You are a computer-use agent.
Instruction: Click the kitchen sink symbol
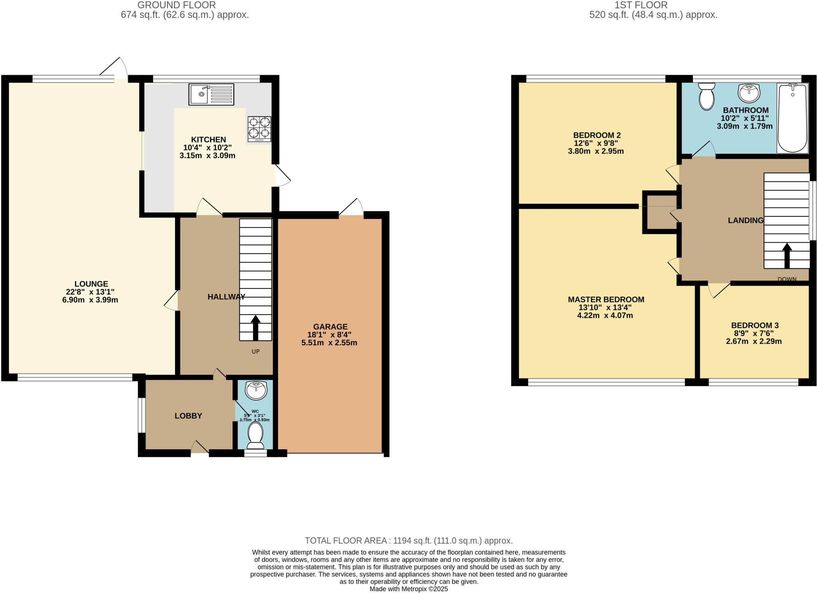point(211,95)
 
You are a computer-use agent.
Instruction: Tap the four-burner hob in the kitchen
point(259,128)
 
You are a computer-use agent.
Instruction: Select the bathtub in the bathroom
point(792,118)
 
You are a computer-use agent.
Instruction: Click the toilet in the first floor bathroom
point(706,96)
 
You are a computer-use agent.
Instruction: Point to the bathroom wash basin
point(749,93)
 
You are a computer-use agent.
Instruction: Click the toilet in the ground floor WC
point(255,436)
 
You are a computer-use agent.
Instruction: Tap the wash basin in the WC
point(256,390)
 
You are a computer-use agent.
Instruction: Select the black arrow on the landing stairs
point(787,256)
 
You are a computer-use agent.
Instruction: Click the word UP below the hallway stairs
point(256,352)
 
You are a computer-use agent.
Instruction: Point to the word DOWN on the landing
point(787,279)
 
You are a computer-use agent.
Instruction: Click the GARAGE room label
point(330,327)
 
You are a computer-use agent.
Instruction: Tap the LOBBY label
point(188,416)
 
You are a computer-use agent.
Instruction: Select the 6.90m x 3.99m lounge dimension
point(90,300)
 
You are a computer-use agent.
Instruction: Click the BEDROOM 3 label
point(754,325)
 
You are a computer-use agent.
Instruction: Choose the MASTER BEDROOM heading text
point(606,299)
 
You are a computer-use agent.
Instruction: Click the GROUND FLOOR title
point(176,5)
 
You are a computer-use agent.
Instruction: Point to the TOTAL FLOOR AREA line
point(408,541)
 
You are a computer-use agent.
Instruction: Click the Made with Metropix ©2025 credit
point(408,589)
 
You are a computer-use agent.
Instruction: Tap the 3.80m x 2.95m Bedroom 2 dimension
point(596,151)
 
